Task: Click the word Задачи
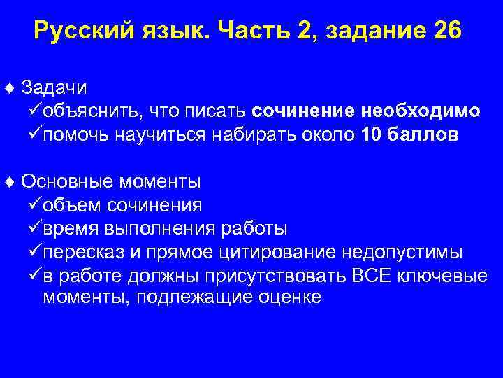point(54,88)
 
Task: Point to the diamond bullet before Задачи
point(9,89)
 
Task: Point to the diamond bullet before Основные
point(9,182)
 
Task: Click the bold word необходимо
point(421,112)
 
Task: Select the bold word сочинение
point(305,112)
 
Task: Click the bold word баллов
point(427,135)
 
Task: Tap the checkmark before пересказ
point(32,251)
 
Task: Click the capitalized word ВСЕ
point(370,275)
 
